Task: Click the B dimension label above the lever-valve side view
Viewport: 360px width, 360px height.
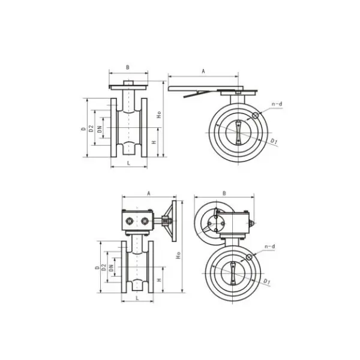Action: tap(127, 68)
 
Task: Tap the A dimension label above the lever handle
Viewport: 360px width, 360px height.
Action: tap(203, 71)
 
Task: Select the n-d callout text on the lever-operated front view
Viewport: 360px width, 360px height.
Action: tap(277, 104)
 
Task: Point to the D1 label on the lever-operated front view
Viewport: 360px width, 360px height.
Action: tap(274, 142)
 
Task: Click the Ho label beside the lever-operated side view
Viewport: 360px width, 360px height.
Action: tap(158, 114)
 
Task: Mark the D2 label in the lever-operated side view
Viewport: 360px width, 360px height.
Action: tap(91, 128)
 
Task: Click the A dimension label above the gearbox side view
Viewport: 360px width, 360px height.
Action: tap(148, 193)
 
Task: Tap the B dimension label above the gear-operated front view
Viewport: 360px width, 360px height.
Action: tap(224, 193)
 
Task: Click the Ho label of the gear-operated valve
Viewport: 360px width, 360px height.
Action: tap(178, 254)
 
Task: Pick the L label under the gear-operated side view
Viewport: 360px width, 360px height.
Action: tap(137, 298)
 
